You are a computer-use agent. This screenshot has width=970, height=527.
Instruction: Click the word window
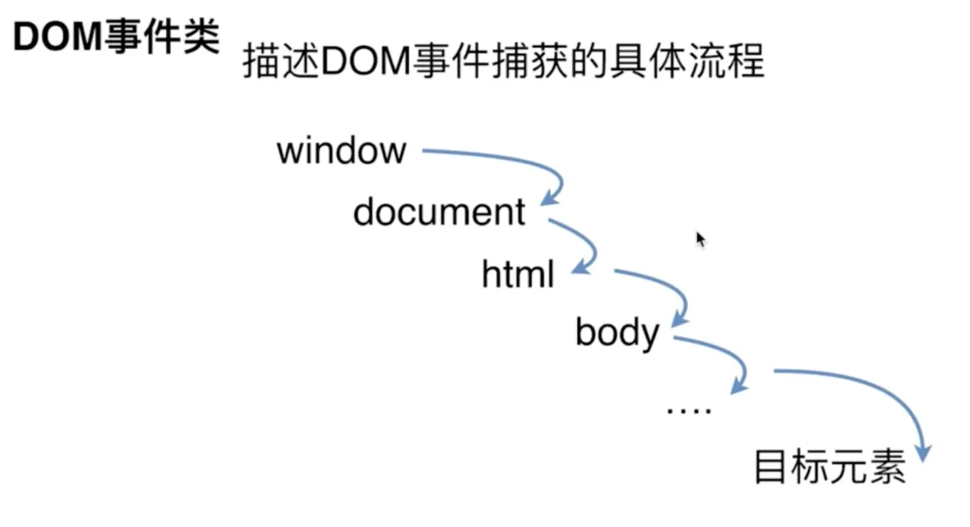[x=341, y=150]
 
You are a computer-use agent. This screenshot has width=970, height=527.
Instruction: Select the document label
[x=440, y=212]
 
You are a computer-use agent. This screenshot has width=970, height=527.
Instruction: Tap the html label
[x=517, y=273]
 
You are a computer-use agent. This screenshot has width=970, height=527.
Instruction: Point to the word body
[x=617, y=333]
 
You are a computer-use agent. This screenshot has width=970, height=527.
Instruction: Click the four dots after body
[x=689, y=412]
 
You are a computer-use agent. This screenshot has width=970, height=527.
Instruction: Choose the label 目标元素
[x=830, y=466]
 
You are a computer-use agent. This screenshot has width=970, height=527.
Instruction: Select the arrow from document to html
[x=585, y=241]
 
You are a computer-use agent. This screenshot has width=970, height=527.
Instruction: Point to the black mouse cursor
[x=699, y=239]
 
